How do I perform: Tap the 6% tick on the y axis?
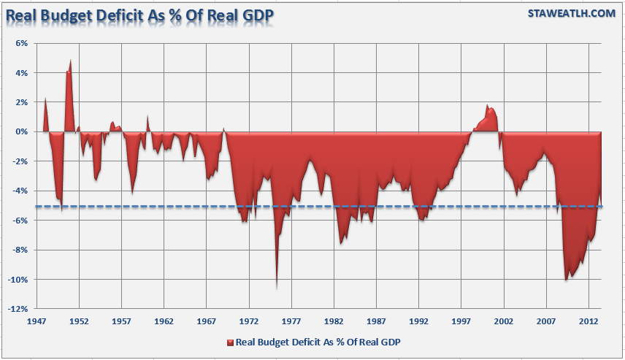(x=21, y=43)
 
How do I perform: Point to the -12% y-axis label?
(x=18, y=309)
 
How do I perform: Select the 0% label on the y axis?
(x=21, y=131)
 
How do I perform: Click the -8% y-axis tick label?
(x=20, y=250)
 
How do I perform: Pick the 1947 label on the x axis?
(x=37, y=321)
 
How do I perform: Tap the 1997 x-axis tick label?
(x=461, y=321)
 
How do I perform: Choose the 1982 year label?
(x=334, y=321)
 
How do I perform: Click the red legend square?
(x=230, y=342)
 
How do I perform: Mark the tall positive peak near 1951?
(x=70, y=61)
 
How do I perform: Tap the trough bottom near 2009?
(x=567, y=278)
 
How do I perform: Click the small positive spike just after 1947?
(x=45, y=99)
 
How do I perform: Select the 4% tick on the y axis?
(x=21, y=73)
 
